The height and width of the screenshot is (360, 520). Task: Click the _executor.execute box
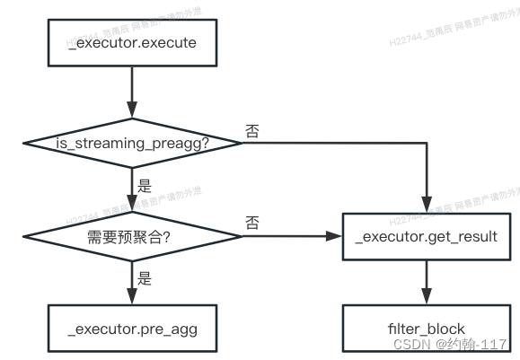click(132, 42)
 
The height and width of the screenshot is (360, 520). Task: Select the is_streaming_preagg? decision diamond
click(132, 143)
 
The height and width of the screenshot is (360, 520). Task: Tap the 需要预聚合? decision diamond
click(132, 236)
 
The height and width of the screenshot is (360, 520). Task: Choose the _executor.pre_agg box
click(132, 329)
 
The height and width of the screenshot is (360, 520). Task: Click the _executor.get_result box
click(427, 236)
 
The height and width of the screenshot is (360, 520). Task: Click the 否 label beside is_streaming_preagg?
click(253, 131)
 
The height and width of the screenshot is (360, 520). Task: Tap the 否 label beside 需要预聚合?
click(253, 224)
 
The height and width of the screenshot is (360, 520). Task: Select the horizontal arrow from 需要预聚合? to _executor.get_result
click(292, 236)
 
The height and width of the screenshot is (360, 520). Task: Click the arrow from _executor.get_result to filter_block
click(427, 282)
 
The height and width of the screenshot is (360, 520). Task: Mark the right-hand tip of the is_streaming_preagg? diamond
click(241, 143)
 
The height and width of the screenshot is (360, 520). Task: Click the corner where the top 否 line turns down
click(427, 143)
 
